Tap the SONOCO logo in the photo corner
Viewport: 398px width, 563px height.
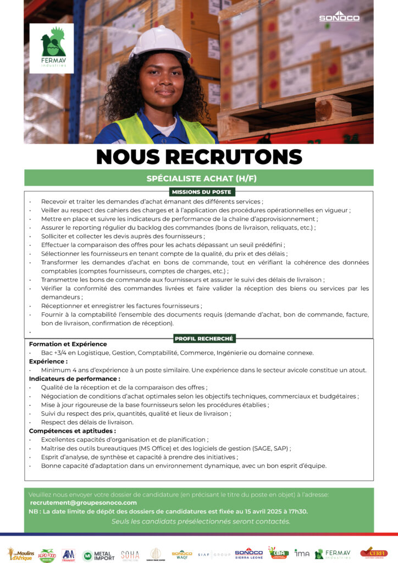coord(339,17)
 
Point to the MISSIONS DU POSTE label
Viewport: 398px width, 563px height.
coord(202,192)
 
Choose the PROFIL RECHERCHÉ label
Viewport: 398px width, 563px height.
coord(204,339)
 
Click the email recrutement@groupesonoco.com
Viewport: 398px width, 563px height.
coord(84,503)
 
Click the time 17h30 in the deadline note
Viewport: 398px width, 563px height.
coord(297,511)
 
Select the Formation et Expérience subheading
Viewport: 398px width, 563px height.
coord(68,344)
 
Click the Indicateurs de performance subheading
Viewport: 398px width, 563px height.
coord(74,379)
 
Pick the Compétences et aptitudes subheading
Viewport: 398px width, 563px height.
coord(72,431)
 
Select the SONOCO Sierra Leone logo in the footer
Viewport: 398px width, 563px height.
coord(248,554)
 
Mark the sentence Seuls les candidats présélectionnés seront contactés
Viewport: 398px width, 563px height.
coord(201,521)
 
